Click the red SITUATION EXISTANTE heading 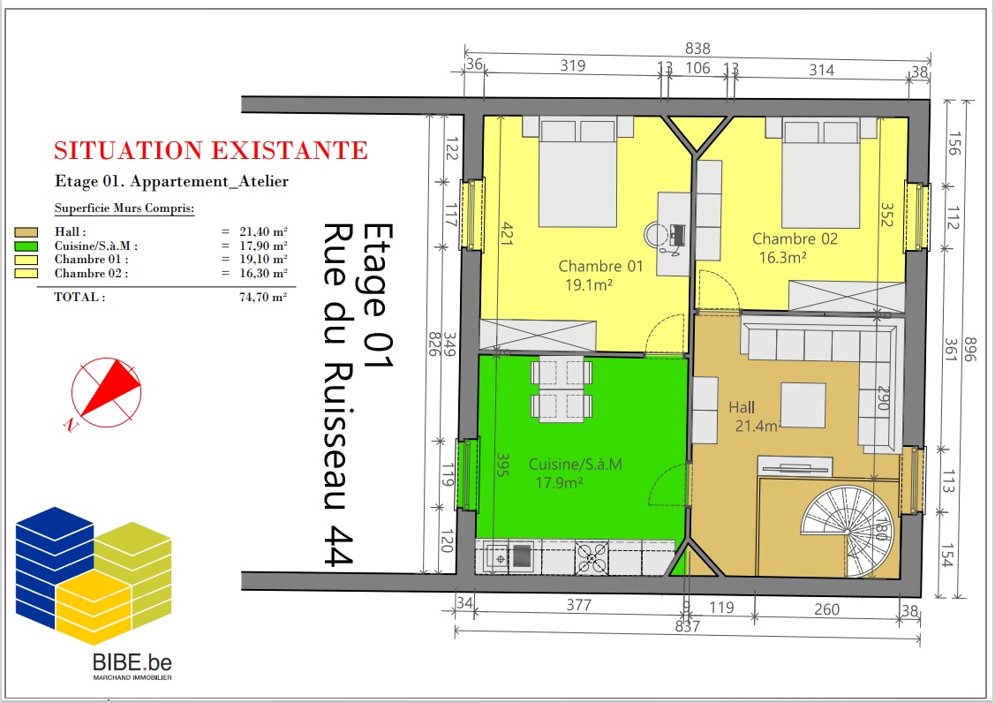(x=211, y=150)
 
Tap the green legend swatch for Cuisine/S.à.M (x=26, y=246)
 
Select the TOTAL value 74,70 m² (x=263, y=297)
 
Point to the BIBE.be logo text (x=132, y=662)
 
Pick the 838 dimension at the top (x=697, y=49)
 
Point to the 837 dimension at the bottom (x=687, y=627)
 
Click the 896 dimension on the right (x=969, y=349)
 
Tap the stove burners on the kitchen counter (x=592, y=557)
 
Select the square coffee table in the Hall (x=803, y=405)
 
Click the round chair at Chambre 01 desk (x=654, y=234)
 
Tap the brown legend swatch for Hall (x=26, y=232)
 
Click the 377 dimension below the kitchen (x=579, y=605)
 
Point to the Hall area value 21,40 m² (x=263, y=231)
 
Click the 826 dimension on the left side (x=434, y=344)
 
